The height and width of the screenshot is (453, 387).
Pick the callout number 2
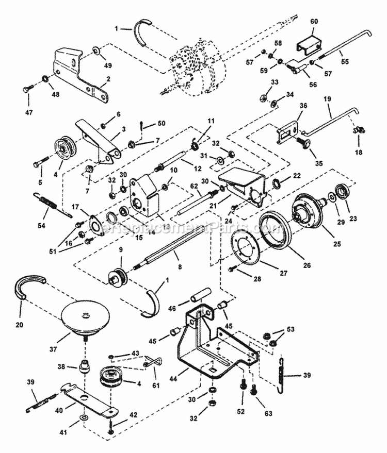coord(108,79)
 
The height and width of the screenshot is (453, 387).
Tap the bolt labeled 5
coord(41,164)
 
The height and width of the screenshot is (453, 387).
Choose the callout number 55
coord(345,61)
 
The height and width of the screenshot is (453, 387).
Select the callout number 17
coord(75,206)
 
